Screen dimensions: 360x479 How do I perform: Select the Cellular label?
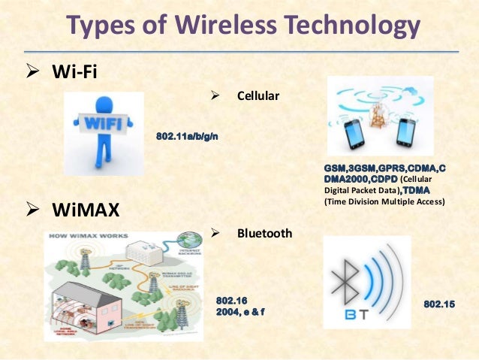pyautogui.click(x=259, y=97)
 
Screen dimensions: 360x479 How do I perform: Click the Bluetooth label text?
pyautogui.click(x=264, y=234)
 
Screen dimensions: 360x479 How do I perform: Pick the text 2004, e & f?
pyautogui.click(x=240, y=311)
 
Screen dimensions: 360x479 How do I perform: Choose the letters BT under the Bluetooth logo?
pyautogui.click(x=350, y=313)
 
